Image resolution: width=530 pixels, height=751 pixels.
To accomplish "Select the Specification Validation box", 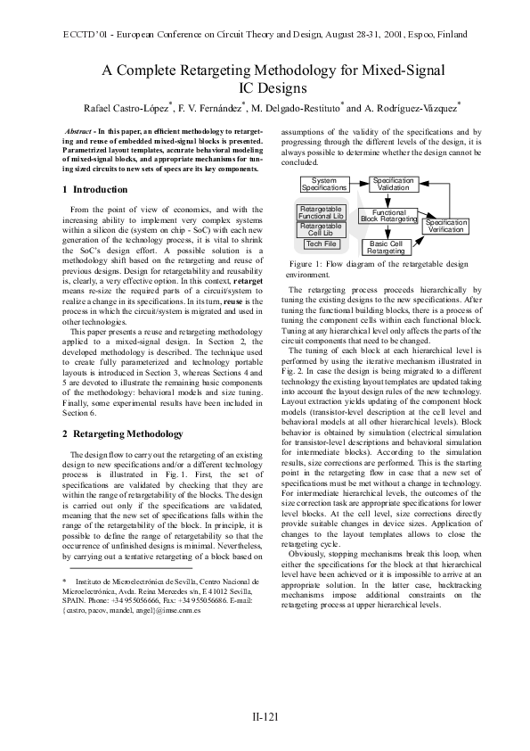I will pyautogui.click(x=393, y=185).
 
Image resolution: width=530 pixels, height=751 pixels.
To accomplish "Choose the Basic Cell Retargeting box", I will pyautogui.click(x=386, y=247).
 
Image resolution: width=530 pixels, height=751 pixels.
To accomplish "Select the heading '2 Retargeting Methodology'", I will pyautogui.click(x=122, y=433).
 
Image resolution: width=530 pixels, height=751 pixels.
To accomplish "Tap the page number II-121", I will pyautogui.click(x=265, y=715).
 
